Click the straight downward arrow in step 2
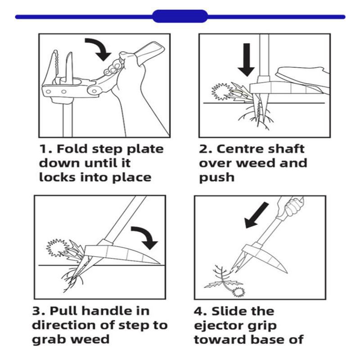pos(246,58)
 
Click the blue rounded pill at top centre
pos(180,17)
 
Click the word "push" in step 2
pos(217,178)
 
